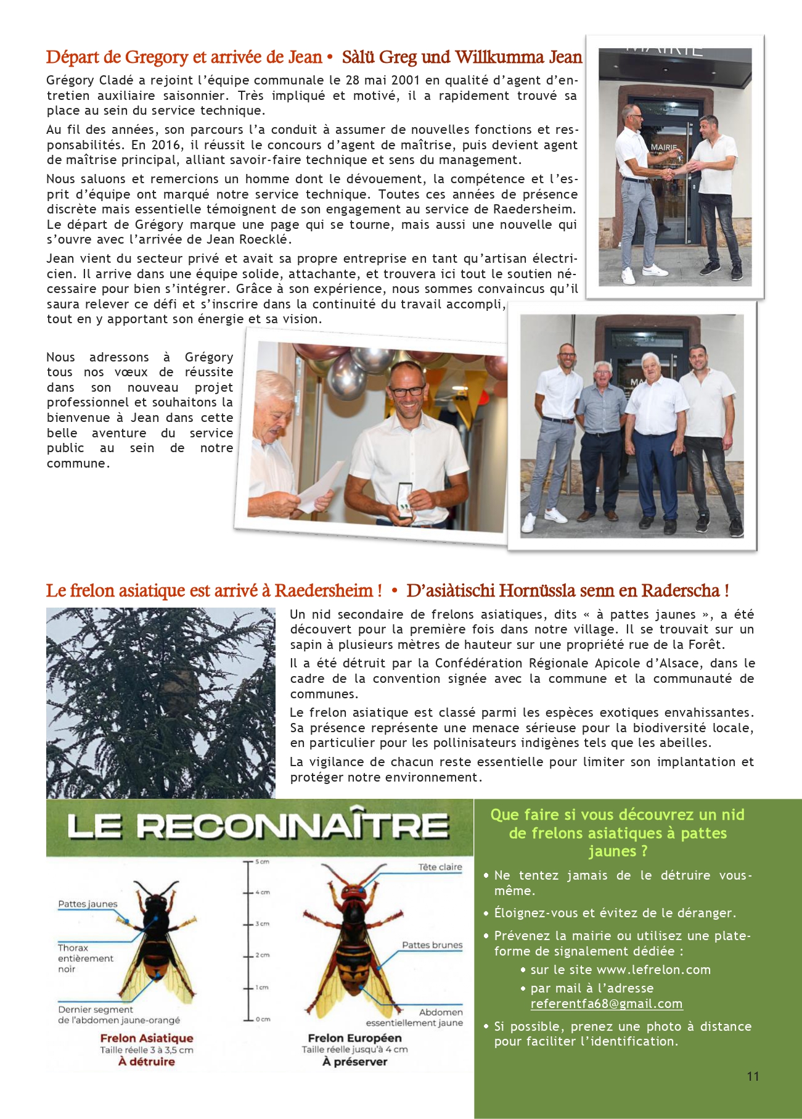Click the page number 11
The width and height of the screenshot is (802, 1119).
pyautogui.click(x=752, y=1076)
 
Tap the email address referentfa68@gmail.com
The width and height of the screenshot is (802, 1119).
pyautogui.click(x=606, y=1004)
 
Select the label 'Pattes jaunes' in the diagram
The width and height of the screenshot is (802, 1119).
pyautogui.click(x=88, y=904)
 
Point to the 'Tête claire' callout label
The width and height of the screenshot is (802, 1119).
pyautogui.click(x=440, y=867)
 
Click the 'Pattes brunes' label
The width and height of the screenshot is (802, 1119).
pyautogui.click(x=432, y=945)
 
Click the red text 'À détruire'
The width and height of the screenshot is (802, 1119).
pyautogui.click(x=147, y=1062)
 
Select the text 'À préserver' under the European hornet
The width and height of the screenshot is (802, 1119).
pyautogui.click(x=354, y=1062)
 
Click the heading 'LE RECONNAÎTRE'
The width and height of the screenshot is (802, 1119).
pyautogui.click(x=258, y=827)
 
